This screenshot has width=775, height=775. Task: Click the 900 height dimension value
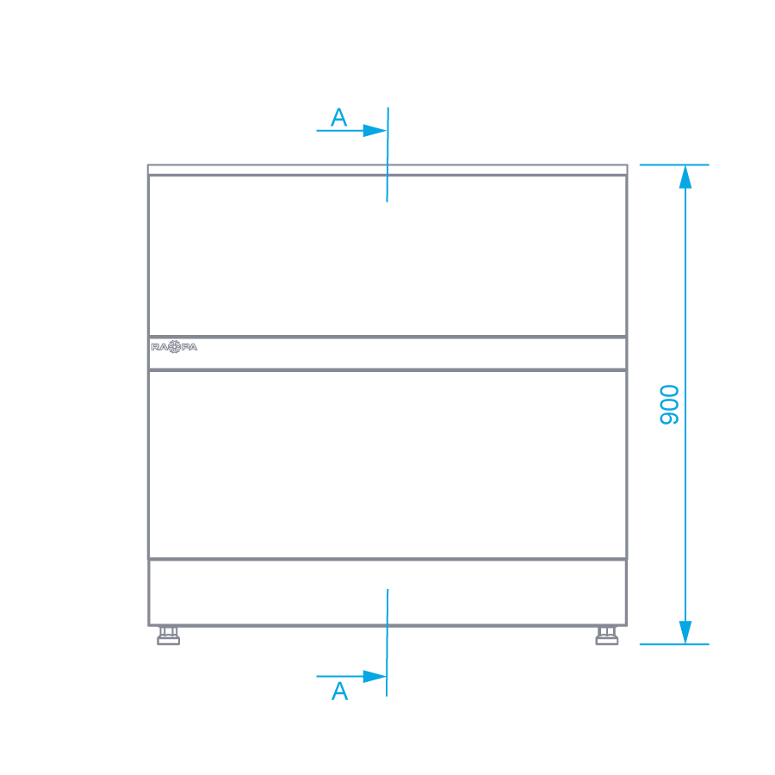669,404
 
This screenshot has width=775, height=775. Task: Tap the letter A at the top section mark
339,118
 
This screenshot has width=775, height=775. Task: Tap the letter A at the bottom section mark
340,691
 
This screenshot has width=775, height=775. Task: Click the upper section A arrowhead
375,131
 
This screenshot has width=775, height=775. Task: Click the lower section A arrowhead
375,676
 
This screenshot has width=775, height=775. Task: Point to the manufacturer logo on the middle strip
174,346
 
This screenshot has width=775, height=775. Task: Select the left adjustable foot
169,636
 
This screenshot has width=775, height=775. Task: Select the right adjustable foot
607,636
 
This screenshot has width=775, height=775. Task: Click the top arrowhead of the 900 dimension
685,177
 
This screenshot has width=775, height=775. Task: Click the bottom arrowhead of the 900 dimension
685,632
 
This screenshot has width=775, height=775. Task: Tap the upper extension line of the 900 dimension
673,164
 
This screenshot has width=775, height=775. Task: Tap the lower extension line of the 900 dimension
673,644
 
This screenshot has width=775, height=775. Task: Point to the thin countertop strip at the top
387,170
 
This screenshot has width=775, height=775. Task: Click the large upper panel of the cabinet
387,256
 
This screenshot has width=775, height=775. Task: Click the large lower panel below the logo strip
387,465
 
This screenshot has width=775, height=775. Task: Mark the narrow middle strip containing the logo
387,353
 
